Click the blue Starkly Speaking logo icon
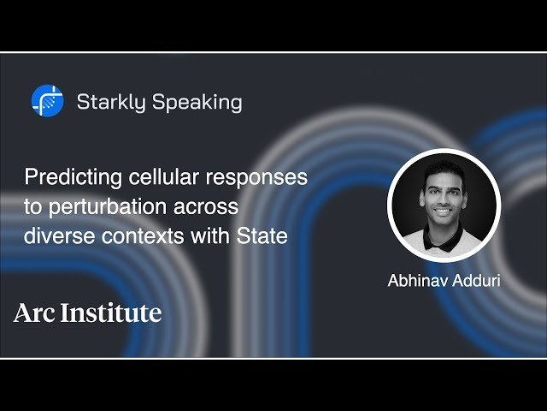coord(47,101)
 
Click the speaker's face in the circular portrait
coord(444,196)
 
